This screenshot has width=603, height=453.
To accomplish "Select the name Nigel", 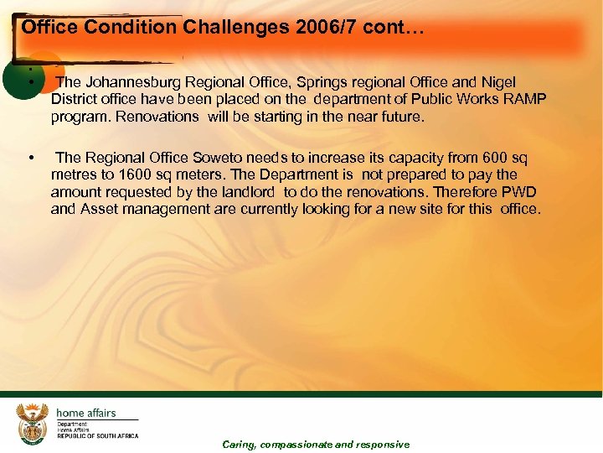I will (499, 82).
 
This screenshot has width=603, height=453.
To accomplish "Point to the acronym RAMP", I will (528, 100).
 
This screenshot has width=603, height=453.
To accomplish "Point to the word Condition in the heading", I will (133, 28).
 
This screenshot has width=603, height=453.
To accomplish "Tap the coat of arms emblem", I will (33, 423).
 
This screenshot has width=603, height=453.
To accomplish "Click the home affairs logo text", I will (85, 413).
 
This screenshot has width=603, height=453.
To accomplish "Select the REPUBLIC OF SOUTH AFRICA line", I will (97, 436).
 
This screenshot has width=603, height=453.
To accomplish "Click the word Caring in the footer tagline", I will (239, 445).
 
